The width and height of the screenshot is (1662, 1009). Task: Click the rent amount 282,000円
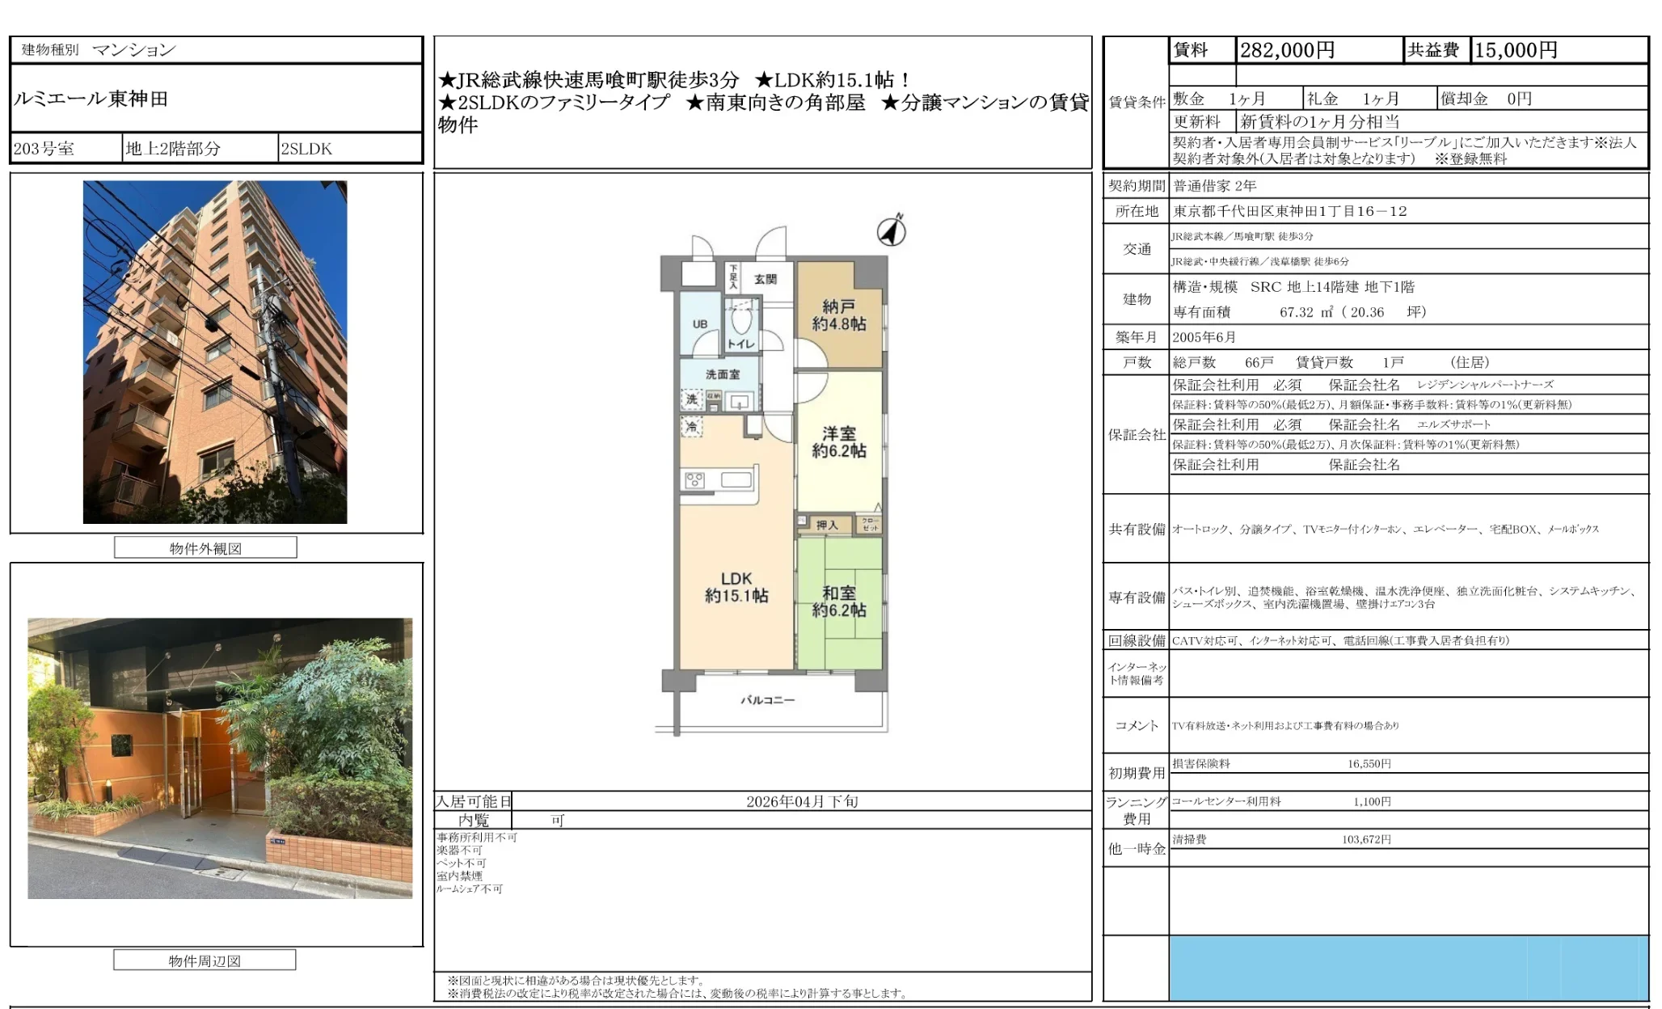click(x=1287, y=50)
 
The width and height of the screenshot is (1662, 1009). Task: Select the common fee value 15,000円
click(x=1516, y=50)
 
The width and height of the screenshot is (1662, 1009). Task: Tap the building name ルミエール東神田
click(x=91, y=99)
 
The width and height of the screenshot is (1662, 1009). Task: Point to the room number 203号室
click(x=44, y=149)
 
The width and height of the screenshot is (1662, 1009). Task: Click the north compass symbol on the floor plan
click(x=892, y=231)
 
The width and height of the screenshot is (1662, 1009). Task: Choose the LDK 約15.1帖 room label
click(x=736, y=588)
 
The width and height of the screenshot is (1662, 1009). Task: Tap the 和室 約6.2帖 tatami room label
click(x=839, y=602)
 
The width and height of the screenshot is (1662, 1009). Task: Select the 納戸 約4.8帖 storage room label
click(x=839, y=315)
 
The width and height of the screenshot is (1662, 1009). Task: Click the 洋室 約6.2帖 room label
click(x=839, y=442)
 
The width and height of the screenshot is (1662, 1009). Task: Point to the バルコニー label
click(x=768, y=700)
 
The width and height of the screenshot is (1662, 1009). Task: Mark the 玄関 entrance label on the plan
click(x=766, y=279)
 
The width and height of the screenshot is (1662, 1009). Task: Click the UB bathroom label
click(x=700, y=324)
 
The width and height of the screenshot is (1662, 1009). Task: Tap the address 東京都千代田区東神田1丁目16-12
click(x=1290, y=211)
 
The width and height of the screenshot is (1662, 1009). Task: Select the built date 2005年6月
click(x=1204, y=337)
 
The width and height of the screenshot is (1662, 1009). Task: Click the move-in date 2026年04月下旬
click(x=802, y=801)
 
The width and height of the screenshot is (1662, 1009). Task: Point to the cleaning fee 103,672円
click(x=1366, y=839)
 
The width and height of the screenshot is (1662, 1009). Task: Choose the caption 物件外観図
click(x=205, y=548)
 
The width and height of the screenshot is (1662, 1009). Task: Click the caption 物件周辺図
click(x=205, y=960)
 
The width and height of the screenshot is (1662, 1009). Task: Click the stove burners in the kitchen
click(x=694, y=481)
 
